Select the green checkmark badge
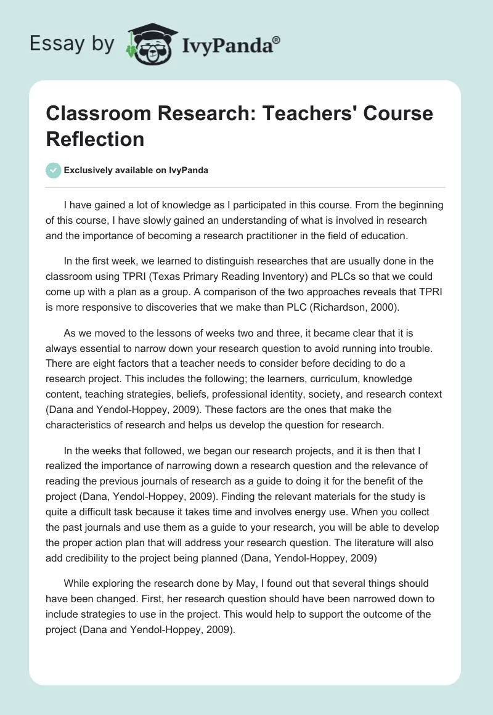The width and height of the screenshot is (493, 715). tap(53, 170)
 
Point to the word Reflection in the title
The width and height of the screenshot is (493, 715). tap(95, 139)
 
